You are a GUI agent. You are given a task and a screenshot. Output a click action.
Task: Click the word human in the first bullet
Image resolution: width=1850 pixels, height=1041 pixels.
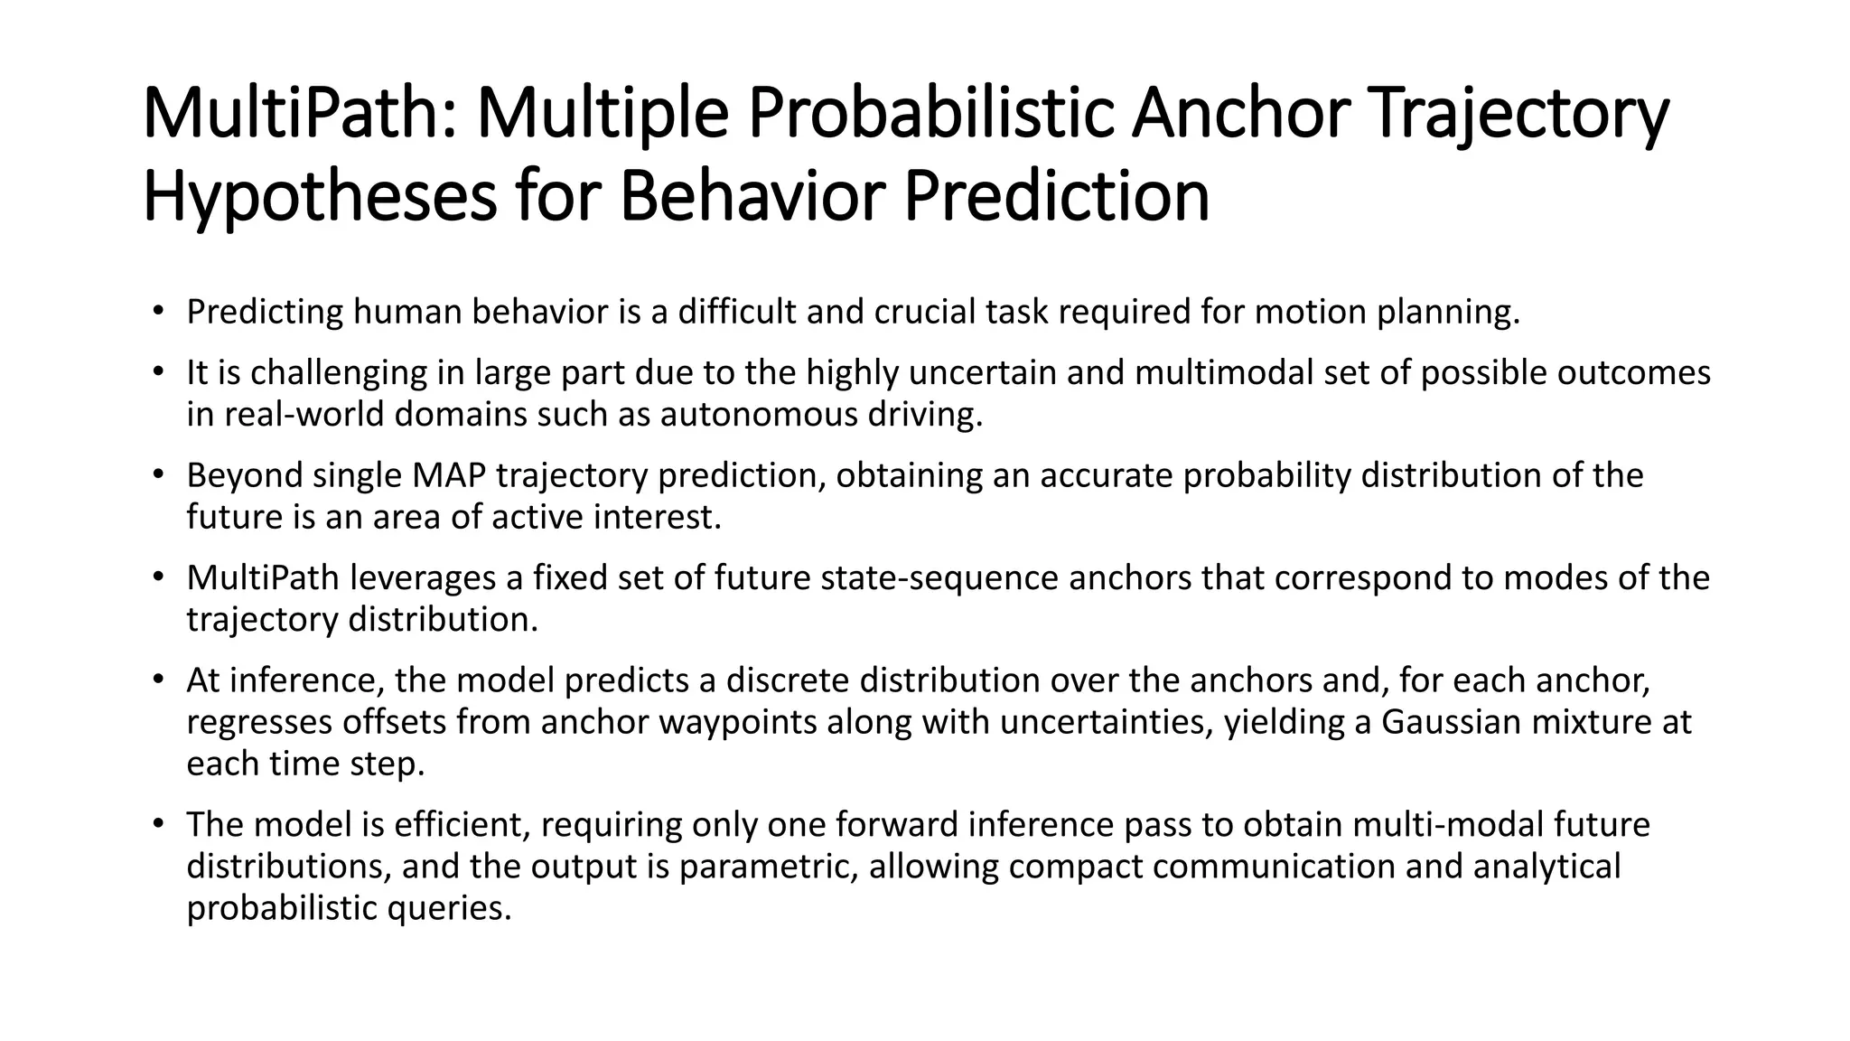[406, 312]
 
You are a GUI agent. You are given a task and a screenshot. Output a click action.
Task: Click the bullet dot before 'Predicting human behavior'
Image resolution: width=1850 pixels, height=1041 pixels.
[158, 313]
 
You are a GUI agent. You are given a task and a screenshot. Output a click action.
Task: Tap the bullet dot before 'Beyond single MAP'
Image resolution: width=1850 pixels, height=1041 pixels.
[158, 476]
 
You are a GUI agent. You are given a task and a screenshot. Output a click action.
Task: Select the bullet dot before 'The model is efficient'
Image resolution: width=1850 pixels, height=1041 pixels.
[158, 826]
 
